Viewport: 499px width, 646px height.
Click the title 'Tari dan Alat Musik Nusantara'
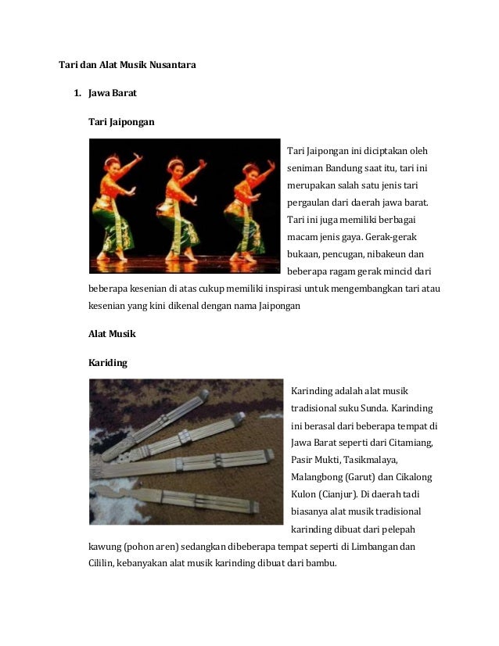point(127,65)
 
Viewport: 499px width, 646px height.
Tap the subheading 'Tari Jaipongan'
point(121,122)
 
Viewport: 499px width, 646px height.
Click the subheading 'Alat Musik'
point(113,334)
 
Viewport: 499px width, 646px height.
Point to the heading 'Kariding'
point(108,363)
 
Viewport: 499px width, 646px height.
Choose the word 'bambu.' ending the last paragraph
point(322,563)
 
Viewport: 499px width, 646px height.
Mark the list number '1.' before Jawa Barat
point(77,94)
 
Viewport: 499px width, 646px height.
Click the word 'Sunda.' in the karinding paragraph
point(384,408)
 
